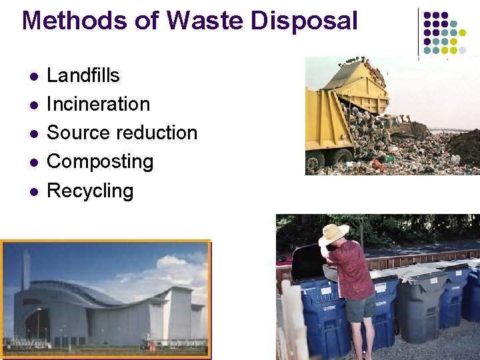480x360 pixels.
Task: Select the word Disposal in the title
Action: tap(305, 21)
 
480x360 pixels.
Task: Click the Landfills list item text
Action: tap(83, 75)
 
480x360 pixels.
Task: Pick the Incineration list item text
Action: tap(98, 104)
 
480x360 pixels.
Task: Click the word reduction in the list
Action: tap(154, 133)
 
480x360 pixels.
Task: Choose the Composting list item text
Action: tap(100, 161)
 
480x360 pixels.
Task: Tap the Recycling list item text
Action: tap(90, 191)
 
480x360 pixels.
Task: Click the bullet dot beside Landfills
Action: tap(31, 76)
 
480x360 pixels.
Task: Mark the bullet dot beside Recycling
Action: tap(31, 191)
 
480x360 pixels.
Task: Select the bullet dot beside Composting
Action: tap(31, 162)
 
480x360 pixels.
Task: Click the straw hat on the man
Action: tap(333, 233)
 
